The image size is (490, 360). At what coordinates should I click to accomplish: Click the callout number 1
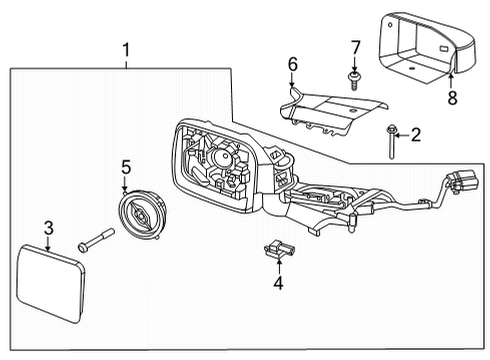(x=126, y=49)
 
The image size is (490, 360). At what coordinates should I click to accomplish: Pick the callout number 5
(x=126, y=166)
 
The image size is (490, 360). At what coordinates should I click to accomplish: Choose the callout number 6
(x=293, y=65)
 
